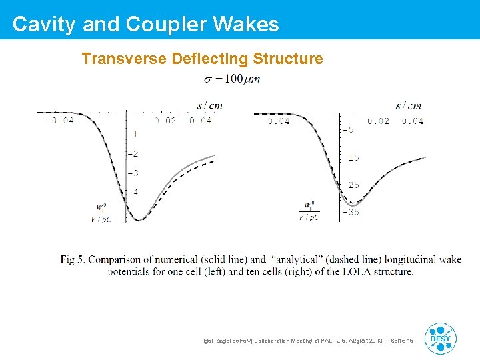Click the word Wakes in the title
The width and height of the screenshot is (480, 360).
tap(246, 24)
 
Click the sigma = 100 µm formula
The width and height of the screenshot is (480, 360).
tap(232, 79)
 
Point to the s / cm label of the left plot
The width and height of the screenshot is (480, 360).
tap(209, 105)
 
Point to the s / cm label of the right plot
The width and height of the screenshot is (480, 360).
tap(408, 105)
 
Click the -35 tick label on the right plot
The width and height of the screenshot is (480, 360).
tap(351, 212)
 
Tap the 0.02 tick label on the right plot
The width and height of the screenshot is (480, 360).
tap(378, 121)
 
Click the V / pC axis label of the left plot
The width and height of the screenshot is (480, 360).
tap(101, 218)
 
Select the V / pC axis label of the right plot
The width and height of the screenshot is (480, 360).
tap(309, 217)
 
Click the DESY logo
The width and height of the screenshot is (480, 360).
tap(441, 338)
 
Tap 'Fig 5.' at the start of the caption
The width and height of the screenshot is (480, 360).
tap(73, 259)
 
